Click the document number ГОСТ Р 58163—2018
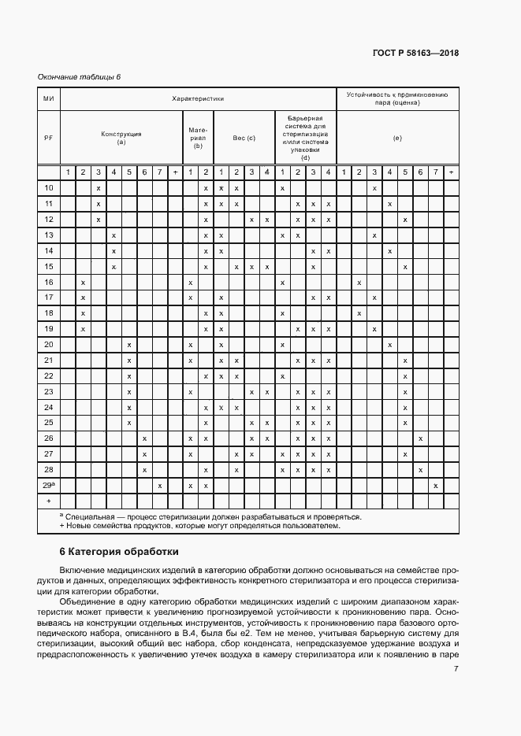[415, 54]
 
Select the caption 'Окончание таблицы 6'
[79, 76]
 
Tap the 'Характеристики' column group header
[198, 99]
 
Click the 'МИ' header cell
[48, 99]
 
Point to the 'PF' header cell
[48, 138]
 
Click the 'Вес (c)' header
[244, 138]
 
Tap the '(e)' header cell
[397, 138]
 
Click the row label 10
[48, 188]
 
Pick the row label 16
[48, 282]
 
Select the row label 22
[48, 375]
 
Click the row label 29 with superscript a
[48, 486]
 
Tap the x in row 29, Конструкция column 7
[160, 486]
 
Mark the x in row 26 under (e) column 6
[420, 438]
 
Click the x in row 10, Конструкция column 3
[99, 188]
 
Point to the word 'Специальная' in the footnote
[89, 517]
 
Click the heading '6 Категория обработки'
[119, 551]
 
